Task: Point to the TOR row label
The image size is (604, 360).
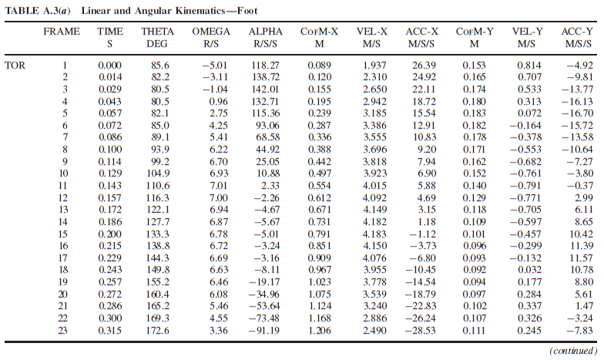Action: pos(15,66)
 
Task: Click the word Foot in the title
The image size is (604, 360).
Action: pos(247,11)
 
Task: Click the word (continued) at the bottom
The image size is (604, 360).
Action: pos(573,351)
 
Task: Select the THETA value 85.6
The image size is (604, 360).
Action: pos(160,66)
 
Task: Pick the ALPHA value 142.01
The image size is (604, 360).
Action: pos(265,89)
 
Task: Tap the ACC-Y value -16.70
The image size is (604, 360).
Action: pos(577,113)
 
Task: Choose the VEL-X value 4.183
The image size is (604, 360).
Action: pos(374,234)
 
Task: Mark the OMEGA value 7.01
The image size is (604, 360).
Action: pos(219,186)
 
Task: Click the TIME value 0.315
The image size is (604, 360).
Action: pos(109,330)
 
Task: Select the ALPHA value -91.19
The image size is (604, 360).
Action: pos(264,330)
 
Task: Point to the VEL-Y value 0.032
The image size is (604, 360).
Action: pos(529,270)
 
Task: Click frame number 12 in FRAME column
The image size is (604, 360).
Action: pos(63,197)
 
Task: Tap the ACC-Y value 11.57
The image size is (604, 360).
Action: pos(581,257)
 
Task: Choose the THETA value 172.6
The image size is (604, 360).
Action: pos(157,330)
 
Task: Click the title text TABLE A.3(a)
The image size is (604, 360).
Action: pos(38,11)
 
